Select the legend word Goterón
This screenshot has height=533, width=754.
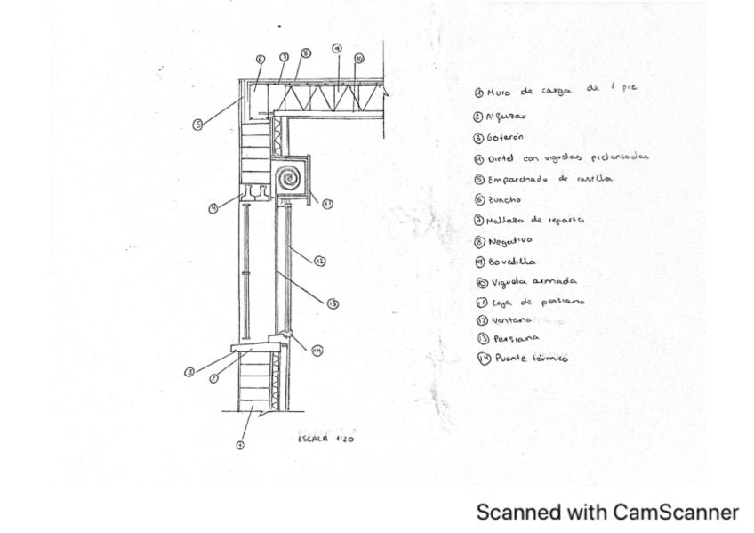[505, 137]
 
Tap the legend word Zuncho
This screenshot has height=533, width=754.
[504, 200]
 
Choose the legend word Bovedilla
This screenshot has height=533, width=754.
[511, 262]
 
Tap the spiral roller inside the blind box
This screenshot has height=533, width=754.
[290, 181]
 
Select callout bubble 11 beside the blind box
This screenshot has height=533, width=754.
[327, 204]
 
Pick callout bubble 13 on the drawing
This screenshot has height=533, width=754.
[333, 303]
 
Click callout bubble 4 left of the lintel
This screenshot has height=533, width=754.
[213, 209]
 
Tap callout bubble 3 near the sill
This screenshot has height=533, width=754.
[189, 372]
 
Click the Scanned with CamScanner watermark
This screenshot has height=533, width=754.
[607, 513]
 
